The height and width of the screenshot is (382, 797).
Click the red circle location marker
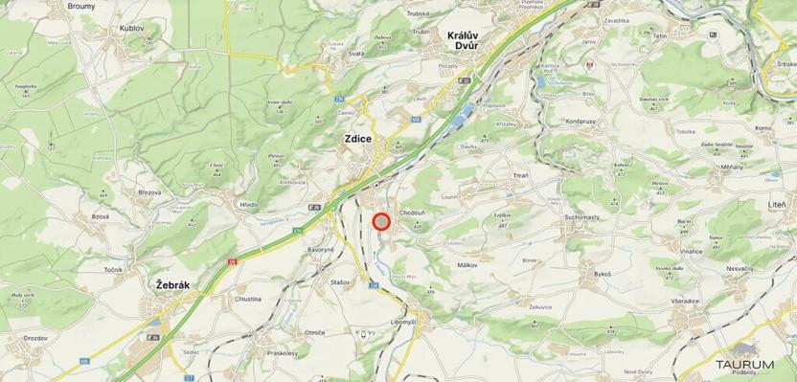pyautogui.click(x=381, y=222)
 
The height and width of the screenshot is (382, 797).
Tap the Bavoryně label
pyautogui.click(x=320, y=251)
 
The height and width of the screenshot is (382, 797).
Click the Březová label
pyautogui.click(x=149, y=192)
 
